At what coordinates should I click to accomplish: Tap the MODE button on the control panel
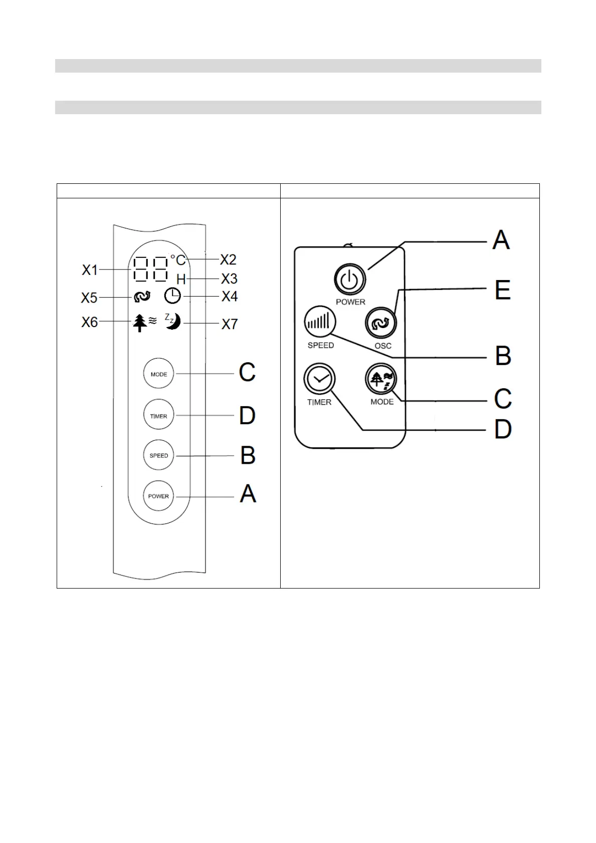coord(158,374)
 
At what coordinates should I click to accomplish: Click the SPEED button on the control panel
coord(158,455)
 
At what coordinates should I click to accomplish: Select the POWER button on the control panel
coord(158,496)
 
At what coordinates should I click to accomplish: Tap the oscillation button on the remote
coord(381,323)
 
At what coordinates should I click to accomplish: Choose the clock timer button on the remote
coord(319,379)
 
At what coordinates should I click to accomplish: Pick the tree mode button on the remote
coord(381,380)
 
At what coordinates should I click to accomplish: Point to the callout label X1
coord(90,270)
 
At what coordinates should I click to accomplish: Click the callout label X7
coord(230,324)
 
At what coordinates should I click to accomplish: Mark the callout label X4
coord(230,297)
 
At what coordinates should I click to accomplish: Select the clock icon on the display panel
coord(172,296)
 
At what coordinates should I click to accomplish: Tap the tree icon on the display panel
coord(140,323)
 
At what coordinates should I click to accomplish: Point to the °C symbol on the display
coord(177,260)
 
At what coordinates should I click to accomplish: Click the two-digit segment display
coord(151,269)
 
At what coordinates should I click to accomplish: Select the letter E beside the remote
coord(502,290)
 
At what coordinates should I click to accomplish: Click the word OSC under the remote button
coord(383,346)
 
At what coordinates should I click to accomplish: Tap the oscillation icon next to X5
coord(142,297)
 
